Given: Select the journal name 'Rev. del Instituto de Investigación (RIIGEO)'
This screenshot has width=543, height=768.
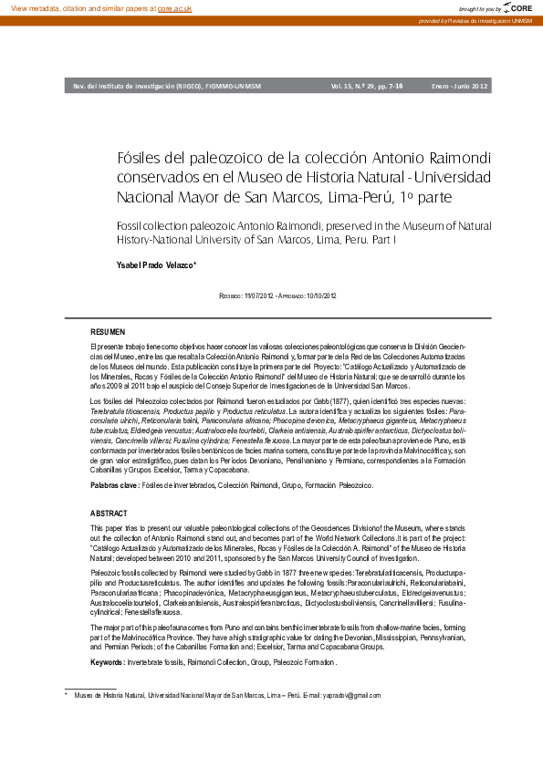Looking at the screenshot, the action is tap(138, 86).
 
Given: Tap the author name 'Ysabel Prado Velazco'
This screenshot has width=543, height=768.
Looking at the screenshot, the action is tap(154, 265).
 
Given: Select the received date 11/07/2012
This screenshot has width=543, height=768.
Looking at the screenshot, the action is tap(260, 296).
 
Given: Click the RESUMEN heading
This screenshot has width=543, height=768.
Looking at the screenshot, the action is tap(108, 330).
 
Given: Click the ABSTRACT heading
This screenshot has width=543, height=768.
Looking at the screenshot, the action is tap(109, 514).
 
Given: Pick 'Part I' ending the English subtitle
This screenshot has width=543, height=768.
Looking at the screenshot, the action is tap(381, 240).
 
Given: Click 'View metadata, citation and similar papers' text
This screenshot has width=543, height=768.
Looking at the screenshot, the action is tap(82, 7).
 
